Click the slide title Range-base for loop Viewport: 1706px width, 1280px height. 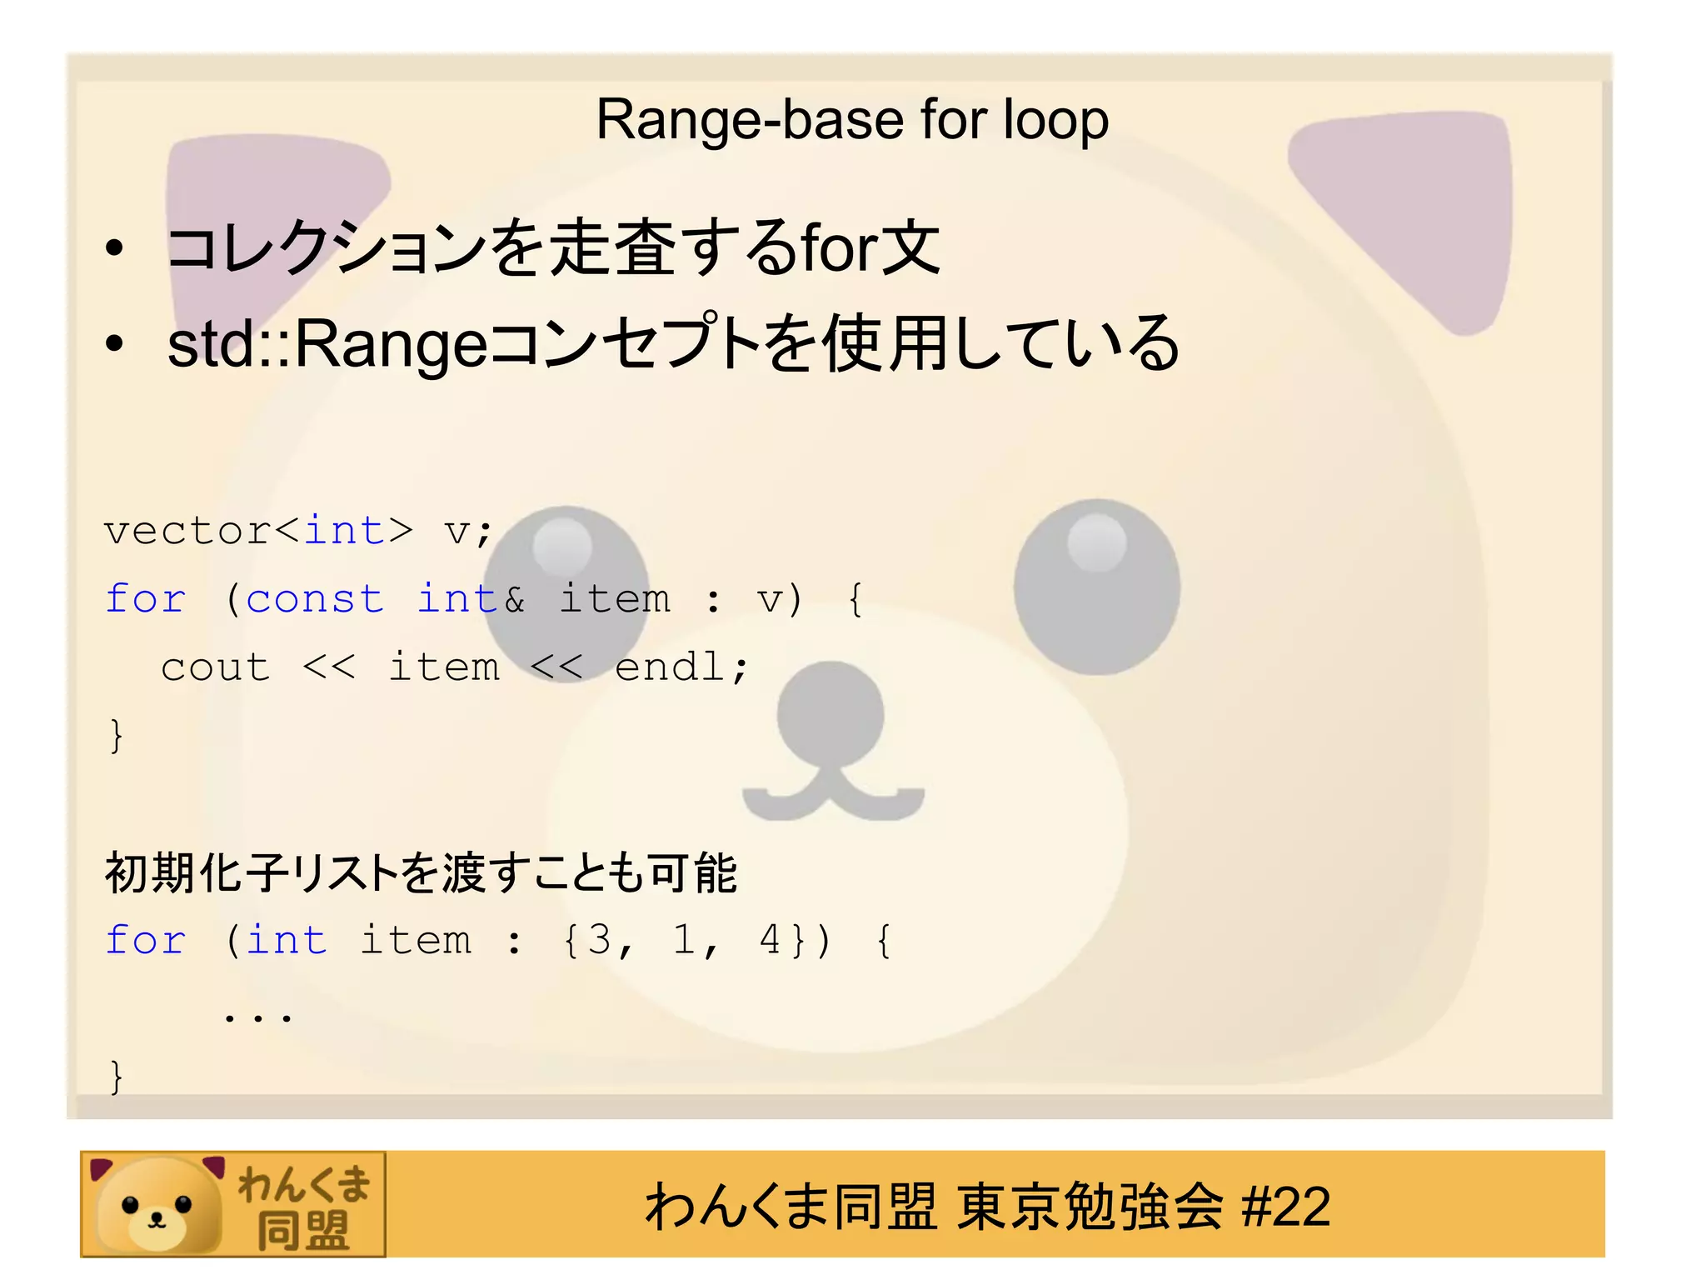point(851,120)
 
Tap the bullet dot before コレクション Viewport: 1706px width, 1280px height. point(114,248)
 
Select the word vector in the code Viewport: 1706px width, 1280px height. point(187,531)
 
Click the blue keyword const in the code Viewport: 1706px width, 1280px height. point(315,599)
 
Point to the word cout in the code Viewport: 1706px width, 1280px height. point(216,667)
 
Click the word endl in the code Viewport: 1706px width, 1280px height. point(671,667)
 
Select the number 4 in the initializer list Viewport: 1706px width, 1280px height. point(770,940)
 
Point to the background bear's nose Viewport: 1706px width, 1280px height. point(830,714)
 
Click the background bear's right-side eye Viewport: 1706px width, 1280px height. point(1096,586)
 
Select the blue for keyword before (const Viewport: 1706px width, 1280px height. point(146,599)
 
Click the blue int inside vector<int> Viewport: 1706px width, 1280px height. point(344,531)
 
